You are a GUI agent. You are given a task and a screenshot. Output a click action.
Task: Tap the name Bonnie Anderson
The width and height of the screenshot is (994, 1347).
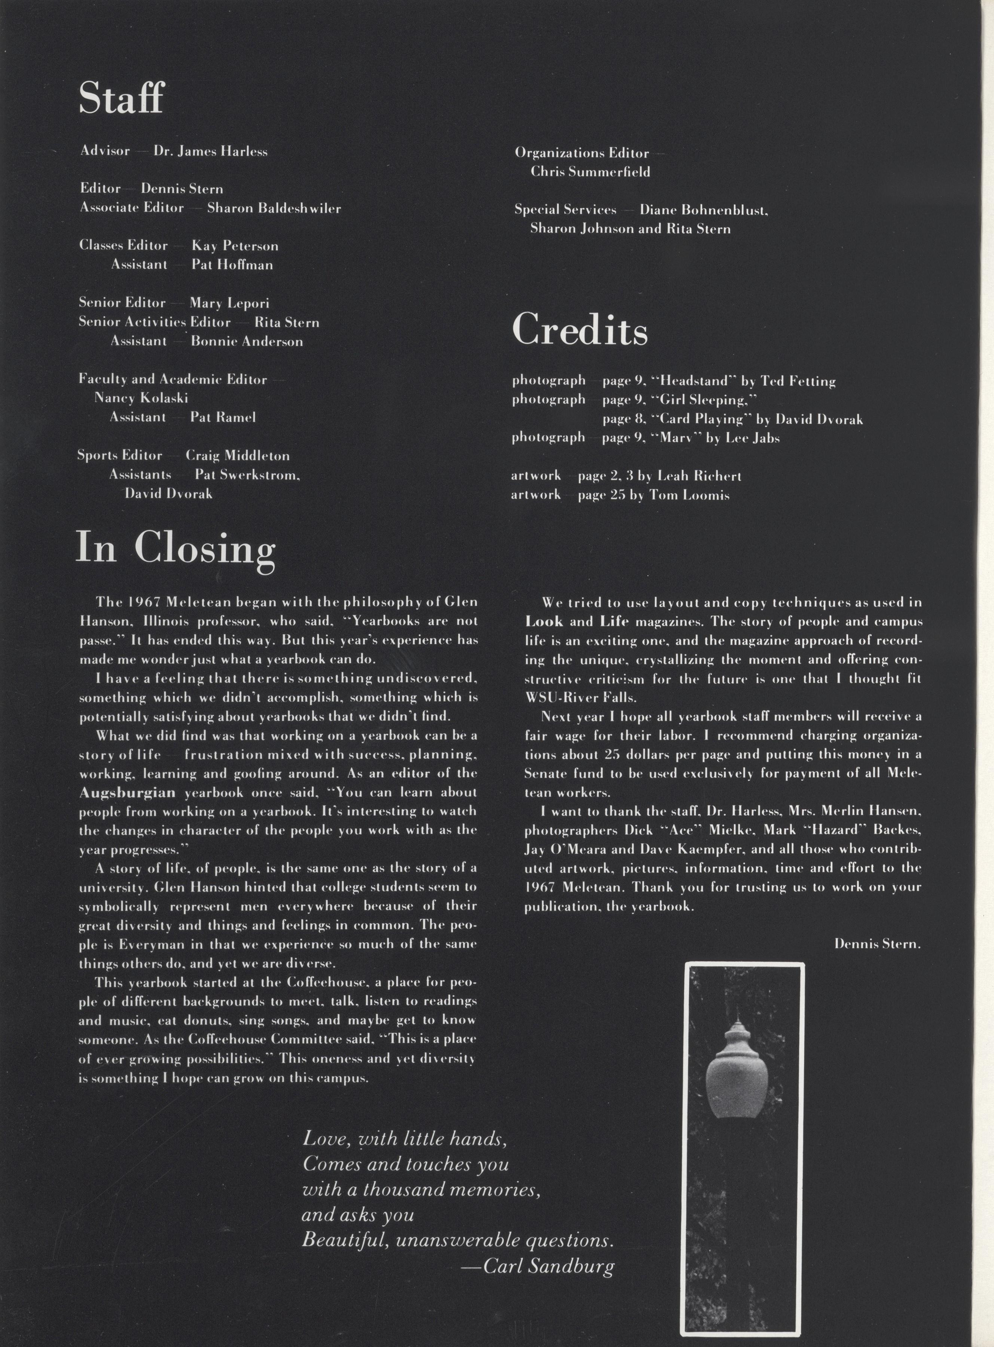click(x=247, y=341)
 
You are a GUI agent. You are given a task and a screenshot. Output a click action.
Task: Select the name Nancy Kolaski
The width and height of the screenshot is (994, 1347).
click(x=141, y=398)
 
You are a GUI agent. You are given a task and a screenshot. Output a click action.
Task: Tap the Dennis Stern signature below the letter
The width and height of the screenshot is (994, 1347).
click(x=876, y=944)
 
